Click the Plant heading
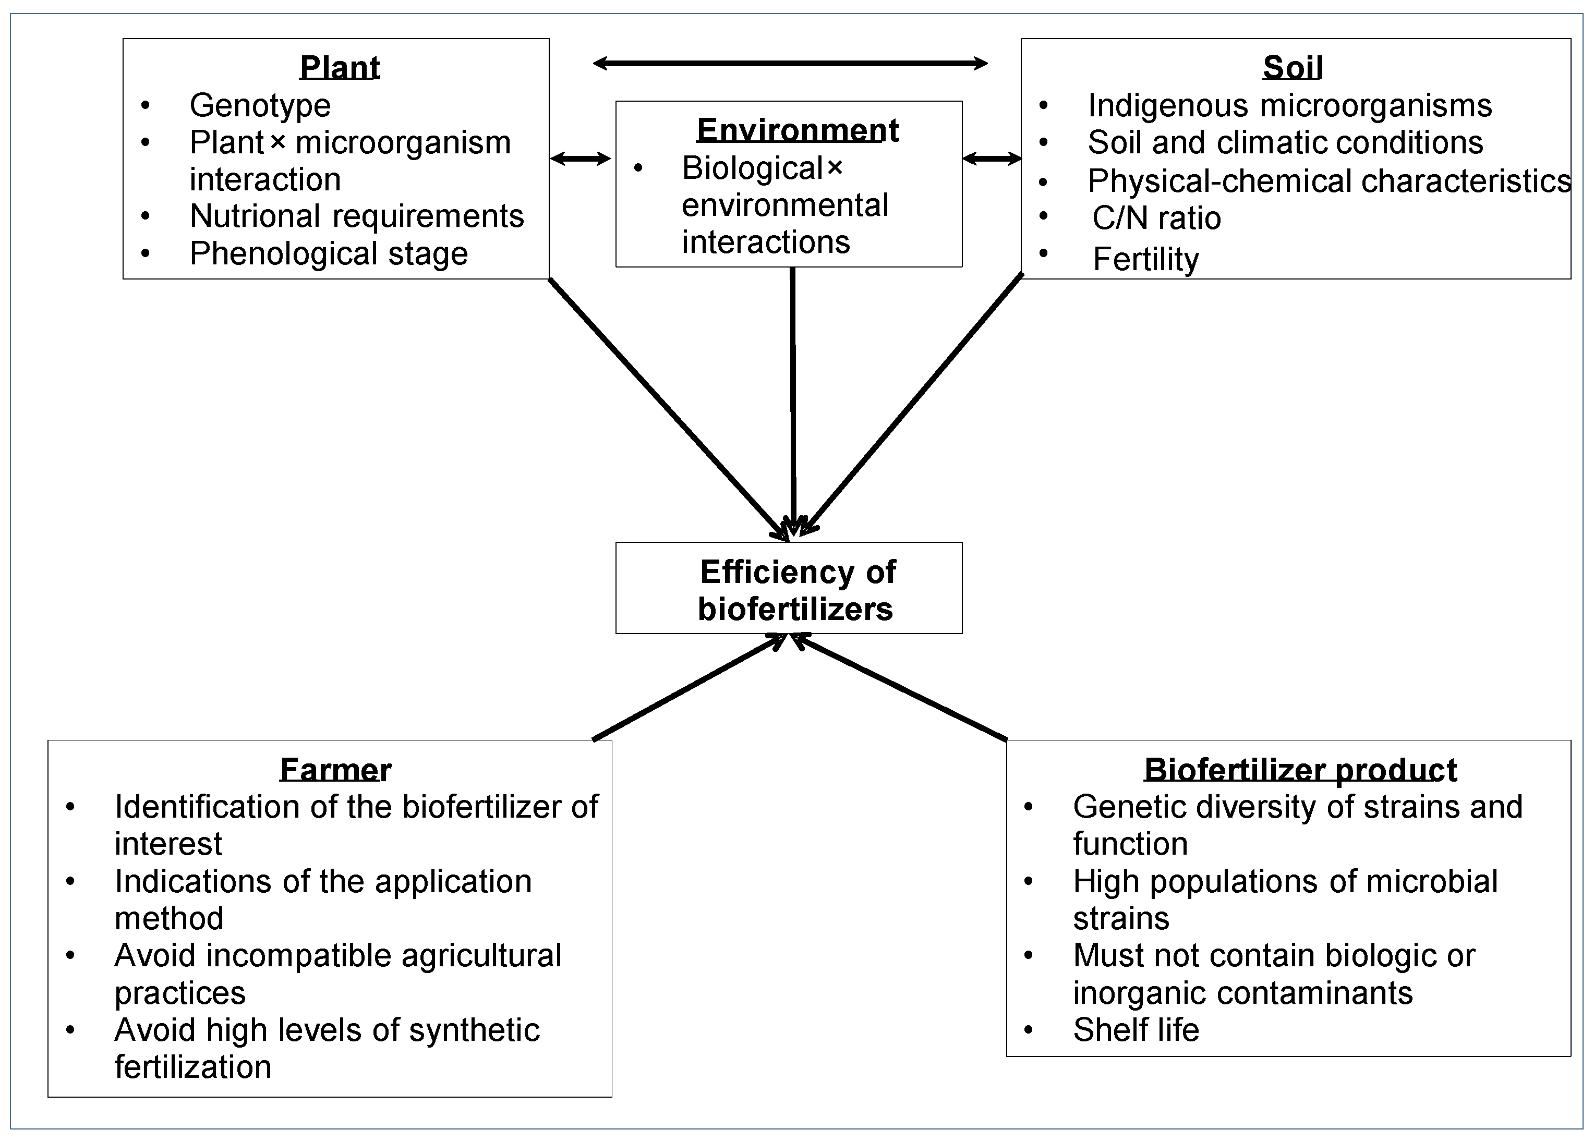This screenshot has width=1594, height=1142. (340, 67)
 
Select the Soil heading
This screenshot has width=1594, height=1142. (1293, 67)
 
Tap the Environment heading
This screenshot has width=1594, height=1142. (797, 130)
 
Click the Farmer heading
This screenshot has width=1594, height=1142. (335, 770)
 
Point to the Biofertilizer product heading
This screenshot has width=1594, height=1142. (1300, 770)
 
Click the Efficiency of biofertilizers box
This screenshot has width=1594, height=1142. (789, 589)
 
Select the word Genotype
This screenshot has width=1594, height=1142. (260, 105)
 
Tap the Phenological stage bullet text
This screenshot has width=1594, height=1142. (328, 254)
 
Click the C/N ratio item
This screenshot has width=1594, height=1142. (1156, 218)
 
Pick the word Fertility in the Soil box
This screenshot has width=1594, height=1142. (1145, 259)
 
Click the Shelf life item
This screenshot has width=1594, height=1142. (1136, 1029)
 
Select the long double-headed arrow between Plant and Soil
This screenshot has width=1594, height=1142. (790, 63)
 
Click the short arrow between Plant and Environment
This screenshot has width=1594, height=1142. (581, 159)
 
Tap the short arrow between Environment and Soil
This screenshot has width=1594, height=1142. (992, 159)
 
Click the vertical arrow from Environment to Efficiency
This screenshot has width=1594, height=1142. (793, 400)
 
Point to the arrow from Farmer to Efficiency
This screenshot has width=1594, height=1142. (689, 687)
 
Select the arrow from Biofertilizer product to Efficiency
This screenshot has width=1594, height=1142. (900, 687)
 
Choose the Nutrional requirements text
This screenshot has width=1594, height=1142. (356, 216)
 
